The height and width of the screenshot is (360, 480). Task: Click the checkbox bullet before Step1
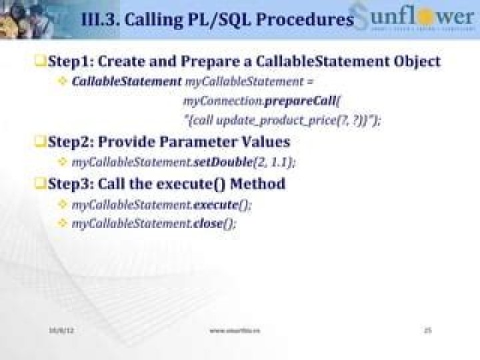tap(40, 61)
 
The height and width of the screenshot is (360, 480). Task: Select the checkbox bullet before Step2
tap(40, 142)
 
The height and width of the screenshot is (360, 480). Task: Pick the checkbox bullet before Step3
tap(40, 183)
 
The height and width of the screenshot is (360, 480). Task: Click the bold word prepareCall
tap(297, 102)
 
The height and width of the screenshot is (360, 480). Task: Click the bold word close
tap(207, 223)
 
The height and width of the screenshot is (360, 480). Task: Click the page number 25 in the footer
tap(429, 330)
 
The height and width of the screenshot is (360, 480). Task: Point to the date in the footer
tap(58, 330)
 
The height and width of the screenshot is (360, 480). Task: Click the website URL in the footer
tap(235, 330)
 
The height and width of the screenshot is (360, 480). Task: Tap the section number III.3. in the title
tap(99, 20)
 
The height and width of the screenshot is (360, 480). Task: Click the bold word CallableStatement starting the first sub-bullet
tap(126, 82)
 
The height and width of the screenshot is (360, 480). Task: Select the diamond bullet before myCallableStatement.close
tap(63, 223)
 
